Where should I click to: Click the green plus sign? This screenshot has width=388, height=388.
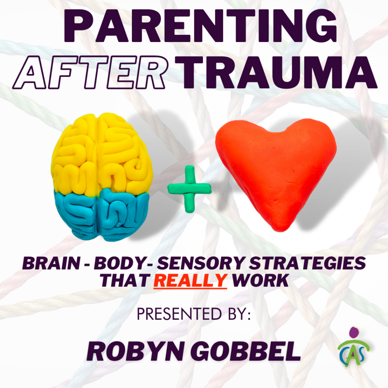point(189,188)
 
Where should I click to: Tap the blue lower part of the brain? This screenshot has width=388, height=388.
point(100,214)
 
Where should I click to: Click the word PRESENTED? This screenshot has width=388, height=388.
point(178,314)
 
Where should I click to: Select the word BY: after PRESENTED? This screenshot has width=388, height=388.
point(237,314)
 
